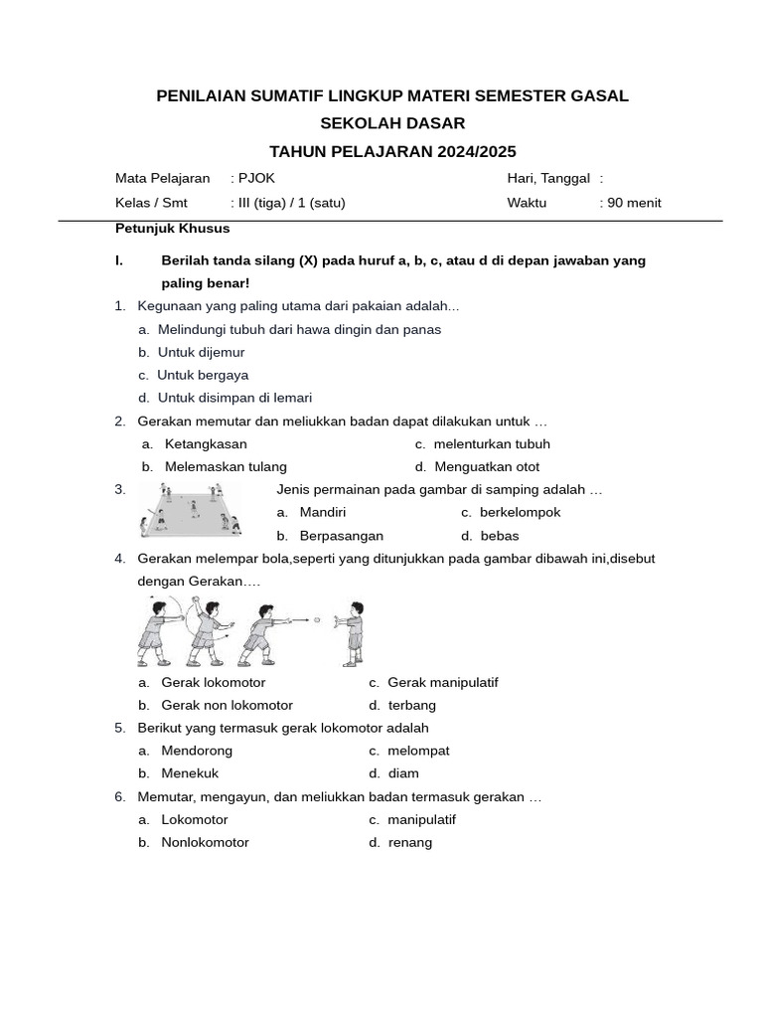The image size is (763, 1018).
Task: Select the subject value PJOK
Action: click(256, 178)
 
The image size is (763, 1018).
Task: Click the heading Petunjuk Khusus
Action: click(173, 228)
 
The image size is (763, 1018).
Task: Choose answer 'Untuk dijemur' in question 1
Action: click(201, 352)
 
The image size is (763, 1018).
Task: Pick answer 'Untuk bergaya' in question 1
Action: click(203, 375)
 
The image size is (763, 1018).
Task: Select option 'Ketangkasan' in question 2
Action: click(206, 443)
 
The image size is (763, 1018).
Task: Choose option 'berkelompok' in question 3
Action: click(520, 512)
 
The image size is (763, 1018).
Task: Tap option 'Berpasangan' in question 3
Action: click(341, 536)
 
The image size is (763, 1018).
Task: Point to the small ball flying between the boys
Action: click(317, 618)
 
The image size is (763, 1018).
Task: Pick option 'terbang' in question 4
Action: click(411, 705)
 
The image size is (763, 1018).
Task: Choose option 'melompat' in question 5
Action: click(417, 751)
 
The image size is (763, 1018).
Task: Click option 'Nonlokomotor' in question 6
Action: click(205, 842)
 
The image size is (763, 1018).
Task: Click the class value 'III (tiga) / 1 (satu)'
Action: click(291, 203)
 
